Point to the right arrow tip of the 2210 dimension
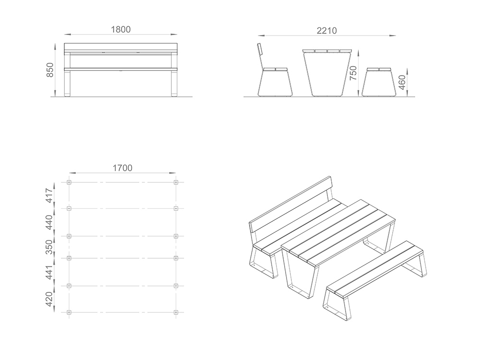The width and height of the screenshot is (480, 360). (396, 36)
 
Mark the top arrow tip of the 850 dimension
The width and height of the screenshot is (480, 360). (55, 44)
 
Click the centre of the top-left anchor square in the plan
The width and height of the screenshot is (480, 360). (69, 182)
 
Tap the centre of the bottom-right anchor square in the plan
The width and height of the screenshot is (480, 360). (176, 312)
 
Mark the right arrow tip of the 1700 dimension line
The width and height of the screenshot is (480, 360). (176, 173)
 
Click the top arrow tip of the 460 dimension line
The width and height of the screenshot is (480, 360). (408, 68)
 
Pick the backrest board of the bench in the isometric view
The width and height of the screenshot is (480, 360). (291, 204)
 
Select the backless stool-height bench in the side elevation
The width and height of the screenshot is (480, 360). (377, 82)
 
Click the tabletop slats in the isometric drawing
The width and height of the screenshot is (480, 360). (337, 233)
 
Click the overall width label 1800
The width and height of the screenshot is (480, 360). (120, 29)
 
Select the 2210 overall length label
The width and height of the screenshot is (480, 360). (326, 31)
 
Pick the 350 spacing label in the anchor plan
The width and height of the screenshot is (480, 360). (49, 247)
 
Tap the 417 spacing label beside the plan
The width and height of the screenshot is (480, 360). (49, 195)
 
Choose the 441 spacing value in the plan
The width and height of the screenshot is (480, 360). (49, 272)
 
